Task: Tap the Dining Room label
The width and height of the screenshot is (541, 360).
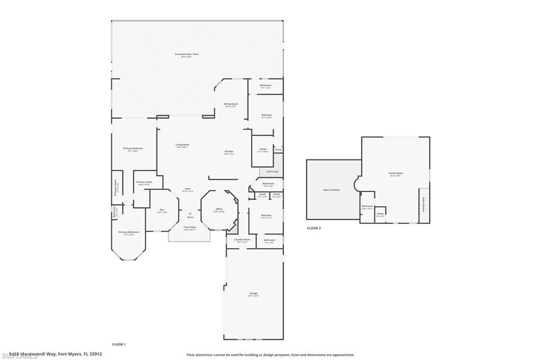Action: tap(230, 105)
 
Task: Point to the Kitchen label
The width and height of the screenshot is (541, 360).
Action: tap(228, 152)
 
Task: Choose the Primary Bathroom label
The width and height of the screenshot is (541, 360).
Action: tap(128, 232)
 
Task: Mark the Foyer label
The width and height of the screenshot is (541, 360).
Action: tap(188, 189)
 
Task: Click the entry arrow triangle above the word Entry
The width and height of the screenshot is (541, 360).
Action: tap(190, 213)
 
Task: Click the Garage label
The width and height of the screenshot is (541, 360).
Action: tap(254, 293)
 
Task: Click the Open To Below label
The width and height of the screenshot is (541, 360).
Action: tap(331, 190)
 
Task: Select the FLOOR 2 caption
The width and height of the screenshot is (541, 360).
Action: tap(314, 228)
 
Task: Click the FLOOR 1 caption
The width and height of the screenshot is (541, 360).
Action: tap(119, 344)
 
